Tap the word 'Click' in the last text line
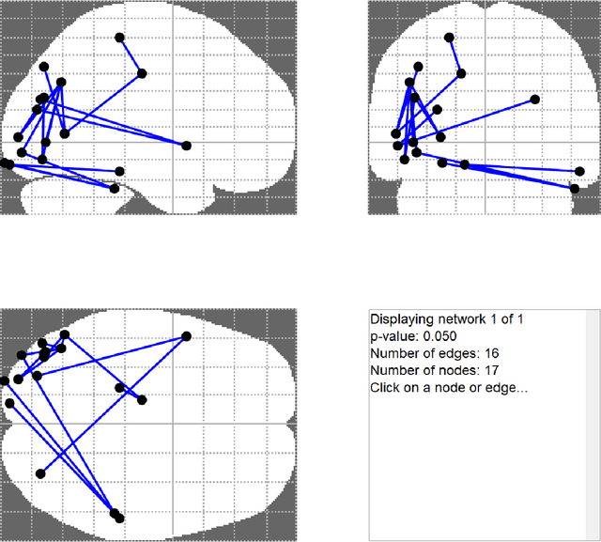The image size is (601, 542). click(385, 387)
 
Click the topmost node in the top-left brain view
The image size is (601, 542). click(119, 38)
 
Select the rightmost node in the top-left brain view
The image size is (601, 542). click(186, 145)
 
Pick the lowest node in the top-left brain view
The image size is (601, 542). click(115, 188)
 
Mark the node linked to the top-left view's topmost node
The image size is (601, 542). click(142, 73)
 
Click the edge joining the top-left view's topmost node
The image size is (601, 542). click(131, 55)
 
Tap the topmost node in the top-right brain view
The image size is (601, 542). click(449, 38)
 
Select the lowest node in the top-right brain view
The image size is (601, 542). click(574, 188)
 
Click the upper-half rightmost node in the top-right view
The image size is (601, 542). click(535, 99)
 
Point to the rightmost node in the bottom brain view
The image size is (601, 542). click(186, 336)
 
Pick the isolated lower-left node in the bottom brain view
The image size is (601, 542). click(39, 472)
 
